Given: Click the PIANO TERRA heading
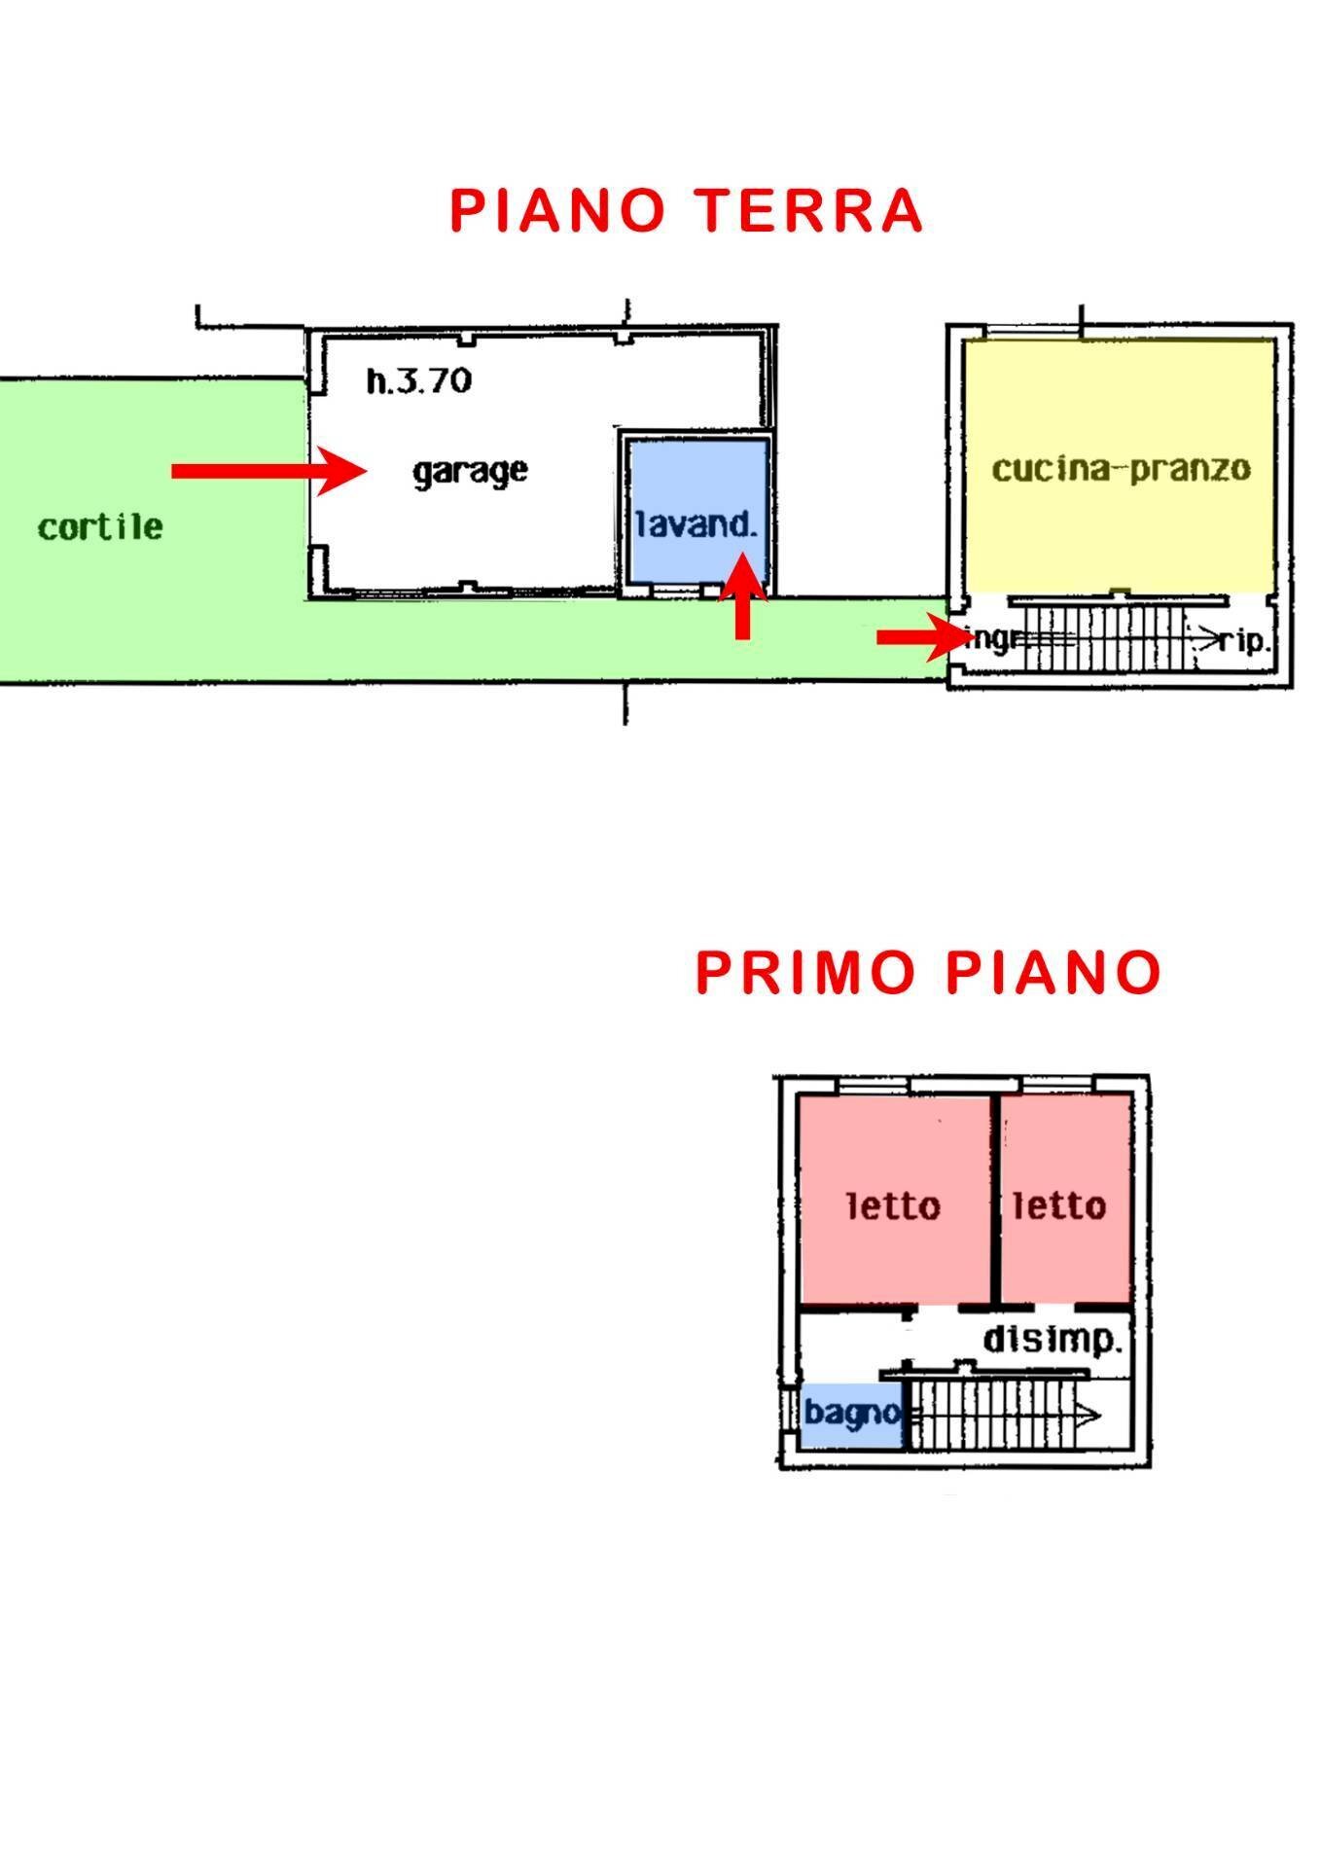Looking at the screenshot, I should click(x=686, y=210).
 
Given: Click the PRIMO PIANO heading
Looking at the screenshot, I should click(x=928, y=972).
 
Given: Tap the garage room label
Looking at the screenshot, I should click(x=470, y=472).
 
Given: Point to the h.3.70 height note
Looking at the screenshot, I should click(x=418, y=380).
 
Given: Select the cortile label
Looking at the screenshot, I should click(x=100, y=527).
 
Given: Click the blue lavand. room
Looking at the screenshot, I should click(x=695, y=511).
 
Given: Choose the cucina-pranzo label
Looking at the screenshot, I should click(x=1121, y=469).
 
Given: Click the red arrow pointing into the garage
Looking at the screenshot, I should click(x=267, y=471).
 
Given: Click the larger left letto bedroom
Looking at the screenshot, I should click(x=893, y=1200).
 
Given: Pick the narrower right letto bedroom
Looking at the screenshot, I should click(x=1064, y=1200).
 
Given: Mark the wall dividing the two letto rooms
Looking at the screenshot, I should click(x=996, y=1199).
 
